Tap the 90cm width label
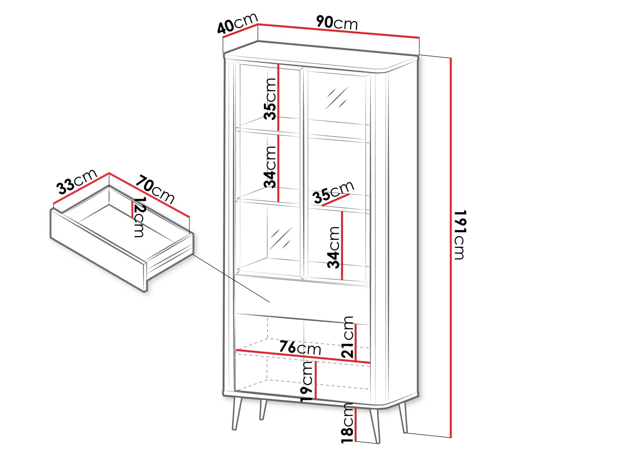pos(337,23)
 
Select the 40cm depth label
pos(237,23)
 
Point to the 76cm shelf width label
pos(300,348)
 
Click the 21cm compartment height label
pos(347,337)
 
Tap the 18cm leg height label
pos(347,423)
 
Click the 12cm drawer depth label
pos(139,217)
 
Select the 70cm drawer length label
pos(155,189)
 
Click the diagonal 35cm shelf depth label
pos(333,192)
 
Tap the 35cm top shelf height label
pos(270,99)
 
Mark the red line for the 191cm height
pos(451,248)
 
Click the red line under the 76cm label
pos(303,357)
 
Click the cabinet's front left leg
pos(237,414)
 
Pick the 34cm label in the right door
pos(334,247)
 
